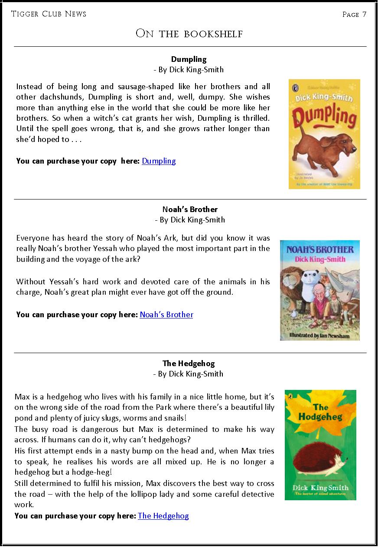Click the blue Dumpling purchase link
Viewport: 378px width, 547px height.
(x=159, y=161)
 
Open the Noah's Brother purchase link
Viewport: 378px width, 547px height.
(x=166, y=315)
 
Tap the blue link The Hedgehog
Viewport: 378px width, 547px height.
(x=163, y=516)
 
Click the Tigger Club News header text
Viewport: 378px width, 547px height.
(x=49, y=14)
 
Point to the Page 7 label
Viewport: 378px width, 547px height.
(x=354, y=14)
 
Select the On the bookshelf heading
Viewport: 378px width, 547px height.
(x=189, y=34)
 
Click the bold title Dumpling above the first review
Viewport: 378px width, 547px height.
(x=189, y=59)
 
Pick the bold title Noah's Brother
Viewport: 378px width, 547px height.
(x=190, y=209)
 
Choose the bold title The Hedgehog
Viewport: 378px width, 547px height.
(x=189, y=364)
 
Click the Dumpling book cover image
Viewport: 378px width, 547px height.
(x=324, y=134)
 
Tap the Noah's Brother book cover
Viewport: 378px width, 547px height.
(x=319, y=290)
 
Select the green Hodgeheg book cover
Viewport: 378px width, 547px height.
(x=320, y=445)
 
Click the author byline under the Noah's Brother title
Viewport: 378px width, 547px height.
(x=190, y=220)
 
